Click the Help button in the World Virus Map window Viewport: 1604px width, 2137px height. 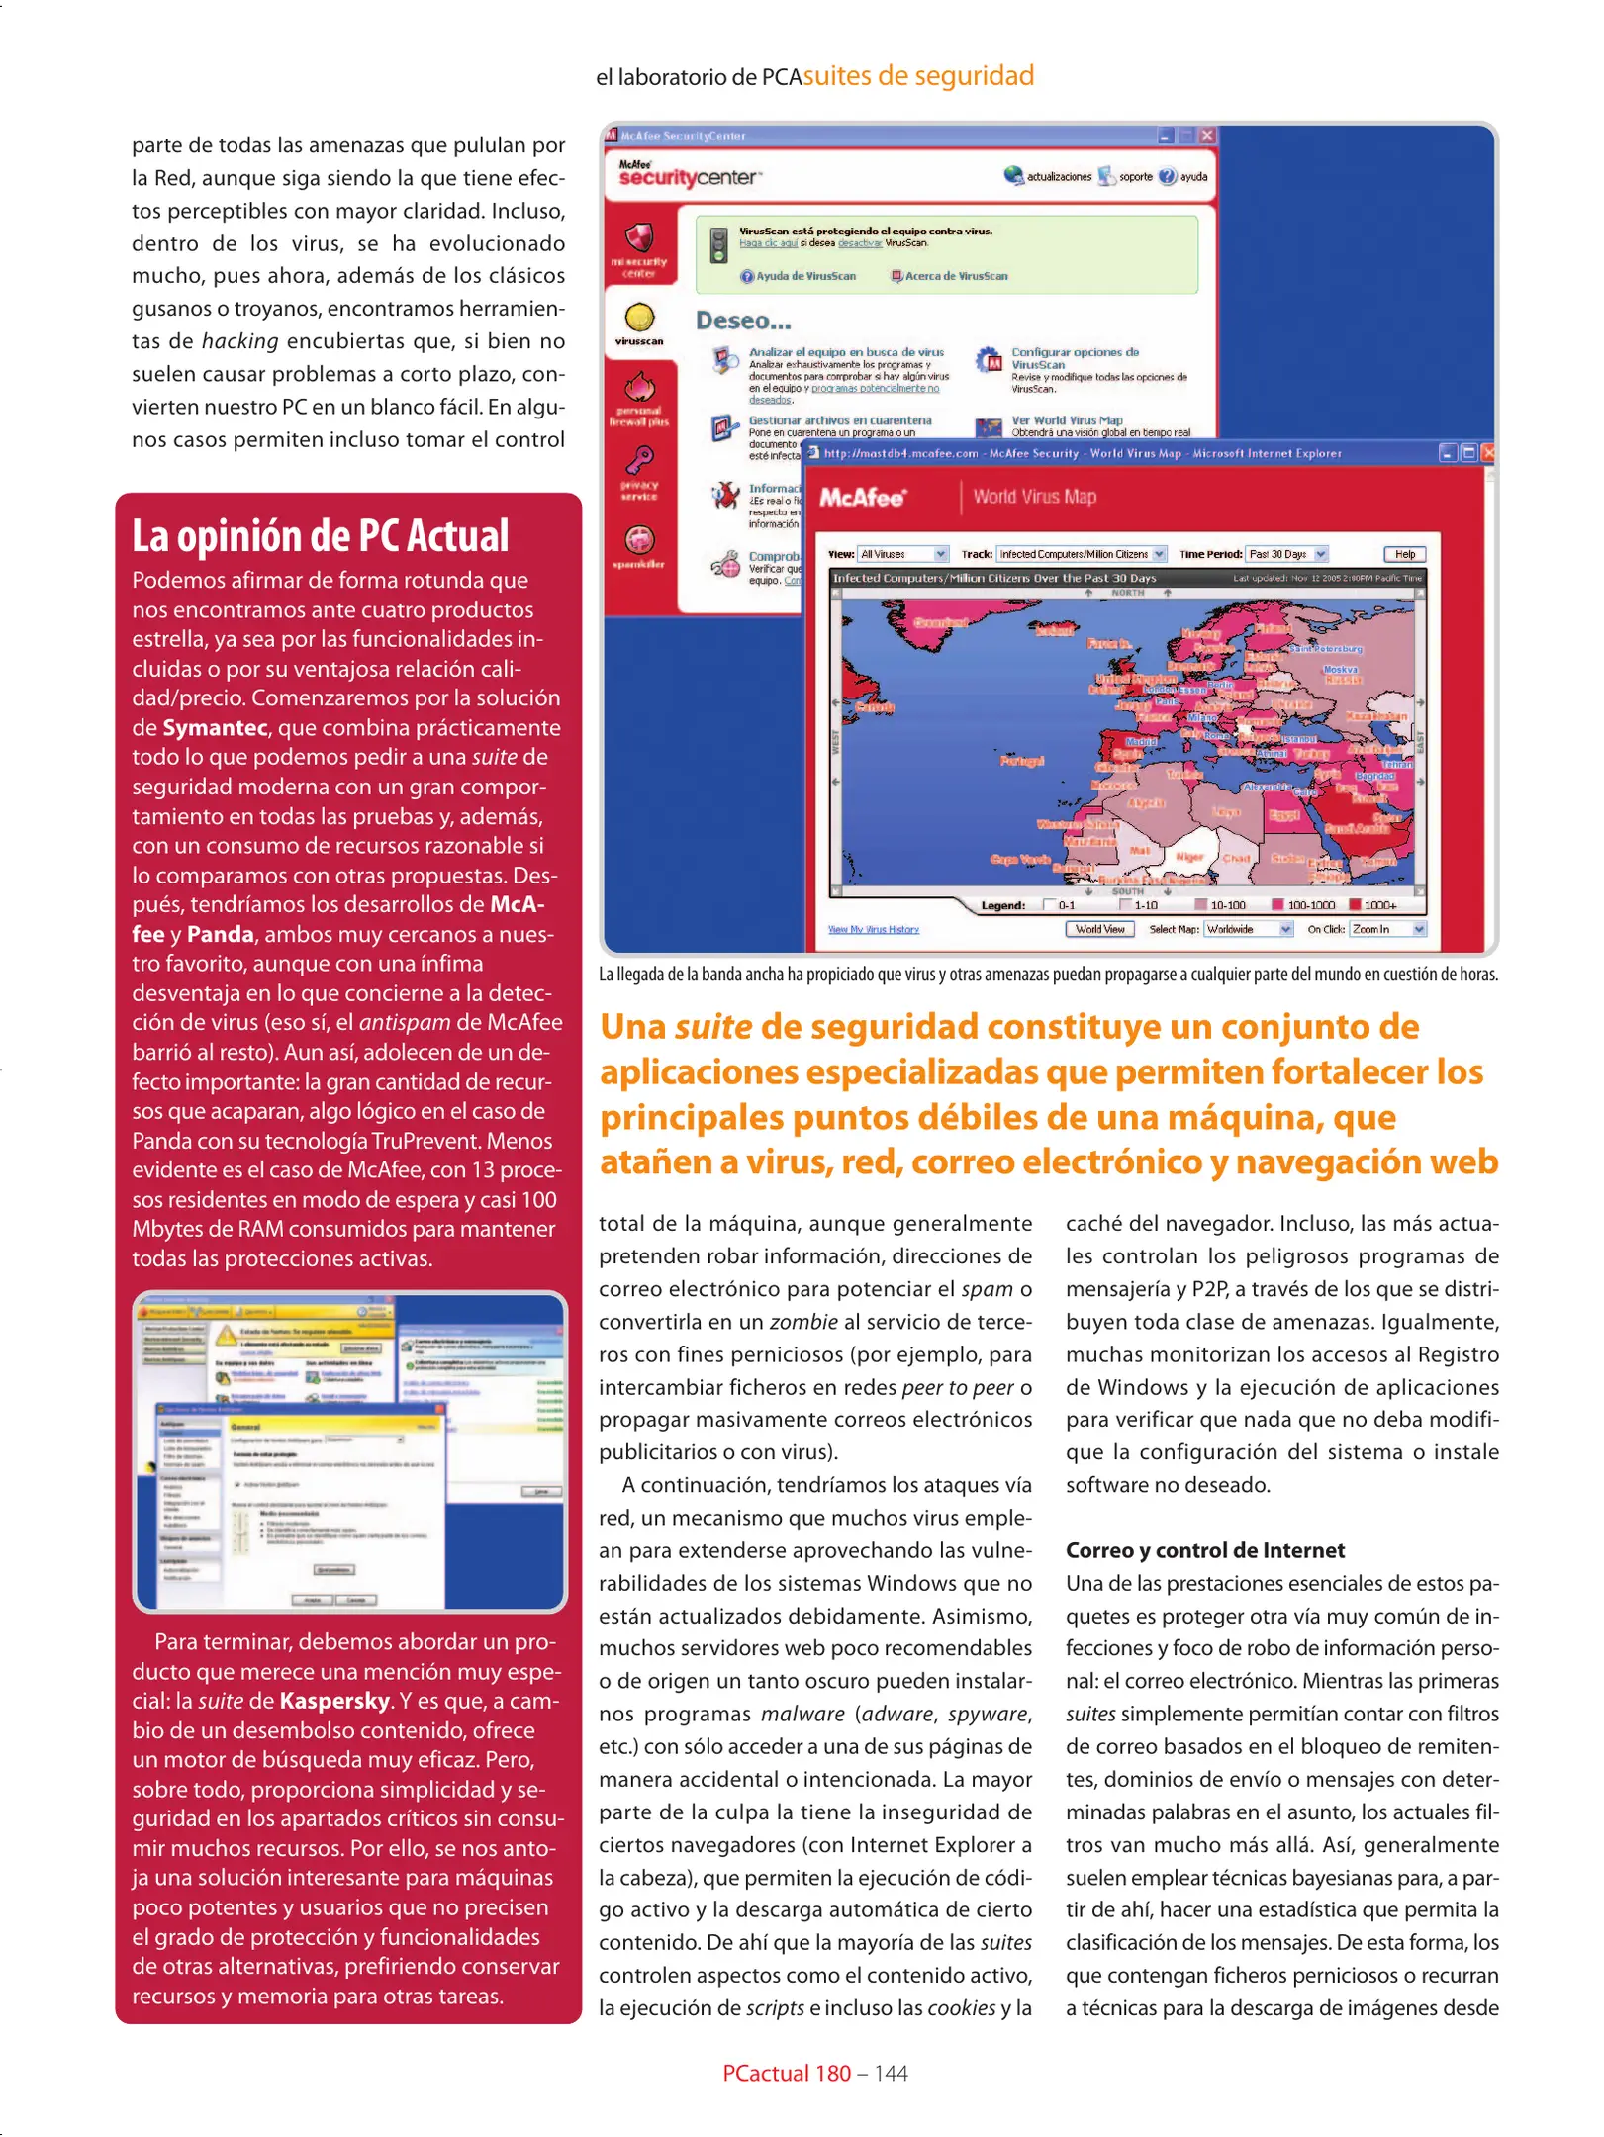[x=1404, y=554]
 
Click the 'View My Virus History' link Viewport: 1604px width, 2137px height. [x=873, y=929]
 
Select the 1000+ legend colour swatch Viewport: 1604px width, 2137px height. [x=1355, y=904]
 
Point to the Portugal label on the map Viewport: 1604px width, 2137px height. [x=1021, y=761]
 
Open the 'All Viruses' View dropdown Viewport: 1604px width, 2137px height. [x=902, y=554]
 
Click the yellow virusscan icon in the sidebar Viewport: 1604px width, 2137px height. [x=639, y=318]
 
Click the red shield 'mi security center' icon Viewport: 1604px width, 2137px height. [x=639, y=238]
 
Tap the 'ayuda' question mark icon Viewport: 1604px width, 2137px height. [x=1168, y=176]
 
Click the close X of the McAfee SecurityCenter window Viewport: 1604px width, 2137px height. [x=1206, y=136]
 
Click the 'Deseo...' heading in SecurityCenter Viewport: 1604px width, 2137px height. [x=743, y=321]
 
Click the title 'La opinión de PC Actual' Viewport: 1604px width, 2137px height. [x=320, y=536]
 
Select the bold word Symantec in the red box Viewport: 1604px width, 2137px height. [x=215, y=728]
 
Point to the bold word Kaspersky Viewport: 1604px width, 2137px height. [x=334, y=1701]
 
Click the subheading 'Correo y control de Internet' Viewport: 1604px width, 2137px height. [x=1204, y=1550]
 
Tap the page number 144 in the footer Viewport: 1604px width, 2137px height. [x=891, y=2073]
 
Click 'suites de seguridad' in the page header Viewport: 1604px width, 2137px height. [x=917, y=76]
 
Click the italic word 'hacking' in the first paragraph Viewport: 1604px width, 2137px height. [x=239, y=341]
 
